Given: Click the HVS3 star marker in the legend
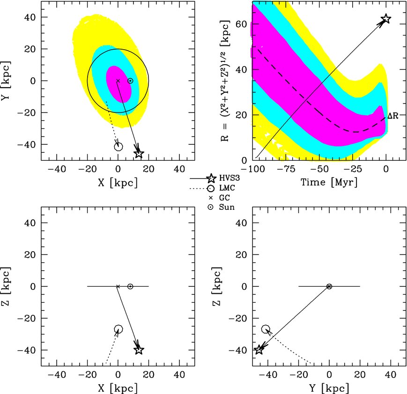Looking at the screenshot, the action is pos(211,178).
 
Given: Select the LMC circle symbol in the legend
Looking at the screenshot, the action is pos(211,188).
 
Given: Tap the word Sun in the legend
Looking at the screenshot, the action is pos(227,207).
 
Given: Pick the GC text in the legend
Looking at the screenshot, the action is pos(224,198).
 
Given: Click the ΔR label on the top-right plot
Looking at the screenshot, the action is pos(393,116).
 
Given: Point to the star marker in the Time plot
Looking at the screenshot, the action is pos(386,19).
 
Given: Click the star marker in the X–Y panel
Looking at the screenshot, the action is pos(139,153).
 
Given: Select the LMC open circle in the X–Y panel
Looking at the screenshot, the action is pos(118,147).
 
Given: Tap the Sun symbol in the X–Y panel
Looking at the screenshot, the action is pos(130,81).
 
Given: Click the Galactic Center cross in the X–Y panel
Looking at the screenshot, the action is pos(118,81).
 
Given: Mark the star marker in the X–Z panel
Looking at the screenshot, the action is pos(139,349).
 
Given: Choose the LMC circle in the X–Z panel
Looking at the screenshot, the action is pos(118,329).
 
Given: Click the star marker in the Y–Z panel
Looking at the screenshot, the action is pos(259,349).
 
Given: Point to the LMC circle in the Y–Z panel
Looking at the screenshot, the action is pos(266,329).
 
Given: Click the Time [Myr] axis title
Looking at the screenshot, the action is pos(329,182).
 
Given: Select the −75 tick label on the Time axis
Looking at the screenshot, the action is pos(286,169).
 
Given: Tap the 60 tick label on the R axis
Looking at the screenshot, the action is pos(241,24).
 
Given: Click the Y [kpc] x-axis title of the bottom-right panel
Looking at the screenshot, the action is pos(329,388).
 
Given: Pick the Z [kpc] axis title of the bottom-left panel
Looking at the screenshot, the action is pos(6,286).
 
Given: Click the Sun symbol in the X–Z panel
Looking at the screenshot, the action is pos(130,286).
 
